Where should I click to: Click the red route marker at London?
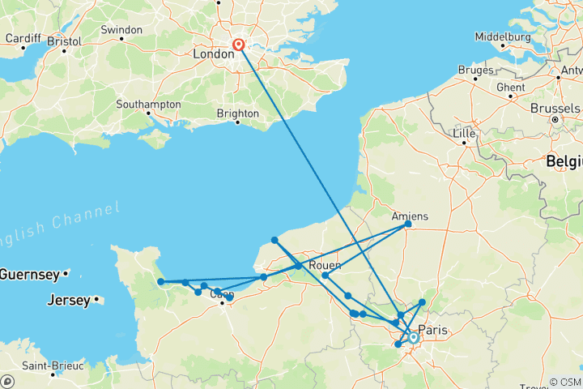click(239, 45)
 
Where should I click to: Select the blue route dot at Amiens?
click(407, 225)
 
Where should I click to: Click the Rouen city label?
click(325, 264)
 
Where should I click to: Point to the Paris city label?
click(434, 331)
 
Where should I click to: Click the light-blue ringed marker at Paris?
click(413, 337)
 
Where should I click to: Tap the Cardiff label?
click(22, 38)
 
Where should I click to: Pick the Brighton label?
click(237, 113)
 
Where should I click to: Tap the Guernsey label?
click(28, 274)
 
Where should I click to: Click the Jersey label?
click(69, 300)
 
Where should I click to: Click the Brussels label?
click(555, 108)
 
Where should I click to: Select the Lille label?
click(465, 132)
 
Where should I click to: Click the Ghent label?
click(510, 87)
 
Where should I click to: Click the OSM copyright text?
click(564, 382)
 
